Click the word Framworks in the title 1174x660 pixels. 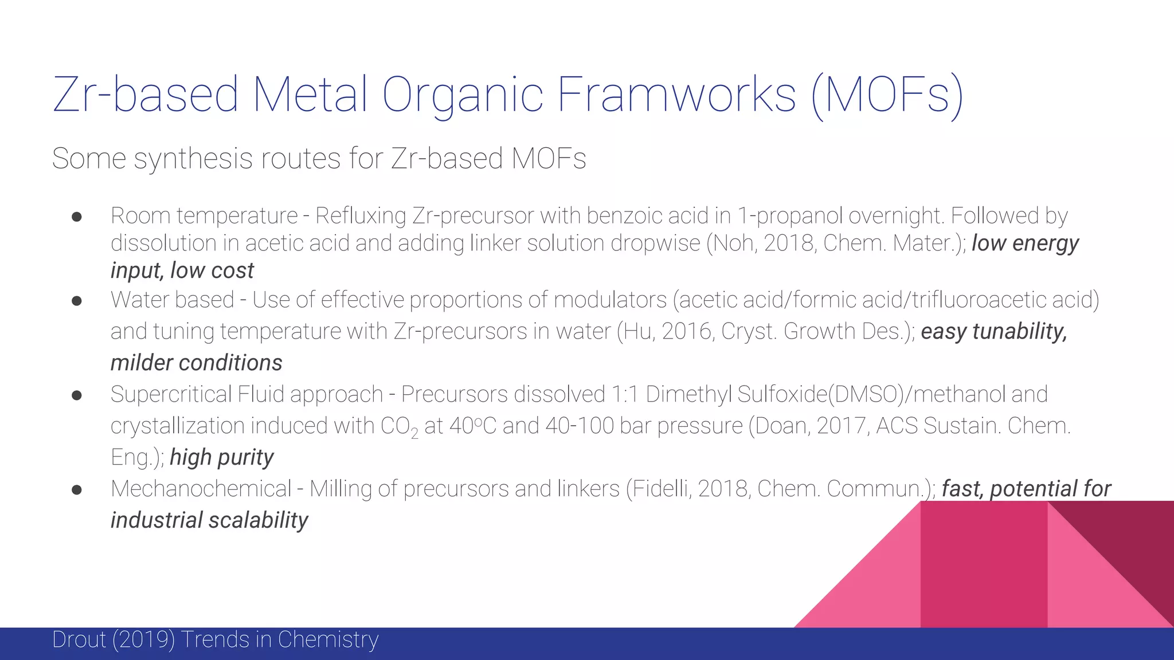pos(676,95)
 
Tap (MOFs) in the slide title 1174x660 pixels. pos(887,96)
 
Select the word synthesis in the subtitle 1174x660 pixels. pos(193,159)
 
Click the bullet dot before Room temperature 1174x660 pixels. pos(77,217)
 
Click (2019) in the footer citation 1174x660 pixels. pos(143,640)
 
